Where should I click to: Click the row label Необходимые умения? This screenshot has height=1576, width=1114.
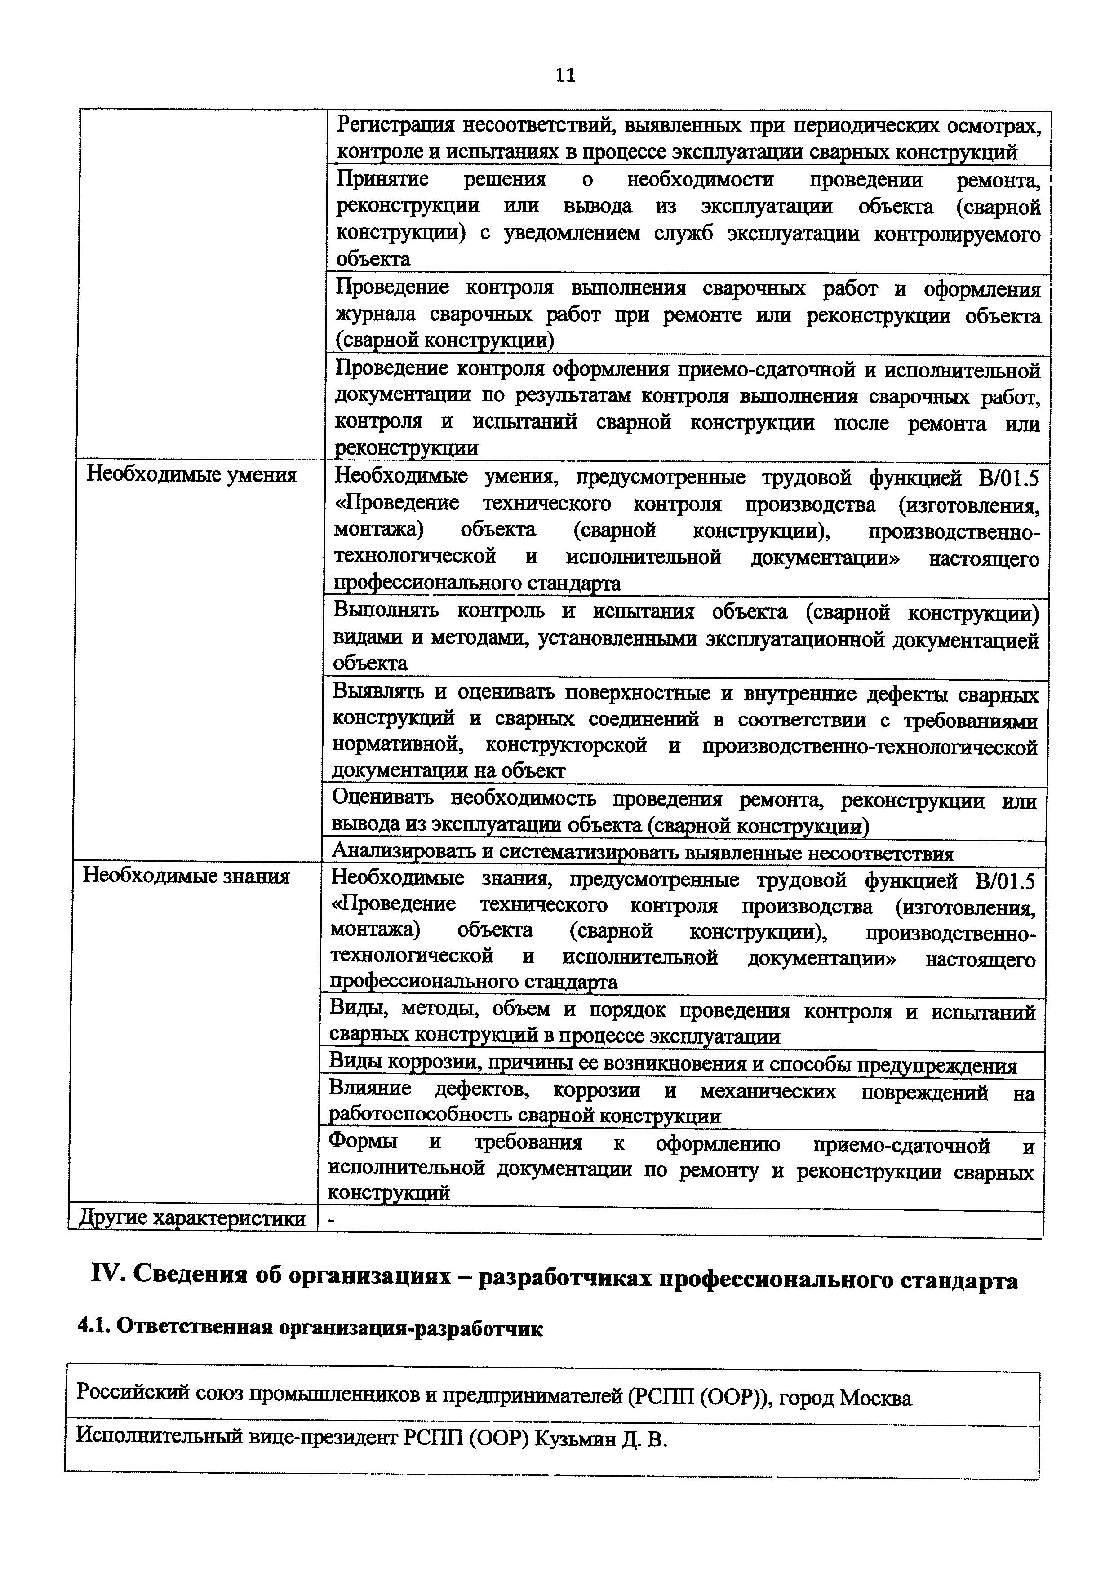click(191, 475)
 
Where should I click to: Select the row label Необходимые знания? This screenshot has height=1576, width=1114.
click(186, 876)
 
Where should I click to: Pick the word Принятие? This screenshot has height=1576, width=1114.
click(382, 180)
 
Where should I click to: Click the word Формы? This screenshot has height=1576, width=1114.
click(362, 1142)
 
